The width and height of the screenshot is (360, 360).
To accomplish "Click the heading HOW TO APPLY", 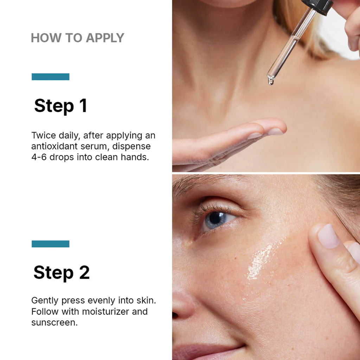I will click(77, 38).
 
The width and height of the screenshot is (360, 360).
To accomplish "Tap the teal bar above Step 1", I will click(50, 77).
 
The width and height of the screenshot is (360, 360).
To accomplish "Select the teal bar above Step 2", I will click(50, 244).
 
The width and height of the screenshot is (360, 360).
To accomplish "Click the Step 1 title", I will click(60, 106).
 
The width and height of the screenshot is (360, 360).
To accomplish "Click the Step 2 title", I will click(62, 272).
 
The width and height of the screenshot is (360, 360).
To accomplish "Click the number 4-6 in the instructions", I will click(39, 157).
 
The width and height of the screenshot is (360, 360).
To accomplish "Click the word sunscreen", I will click(54, 322).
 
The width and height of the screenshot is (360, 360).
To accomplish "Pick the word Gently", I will click(45, 301).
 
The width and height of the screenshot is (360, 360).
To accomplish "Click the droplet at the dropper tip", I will click(270, 81).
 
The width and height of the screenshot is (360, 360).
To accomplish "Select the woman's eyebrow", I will click(197, 185).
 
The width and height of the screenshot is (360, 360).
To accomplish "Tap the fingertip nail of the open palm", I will click(276, 131).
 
